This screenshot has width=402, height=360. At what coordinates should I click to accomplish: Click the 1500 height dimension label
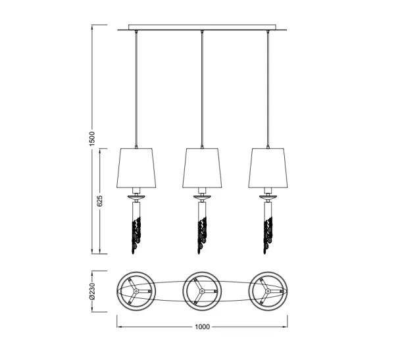click(92, 138)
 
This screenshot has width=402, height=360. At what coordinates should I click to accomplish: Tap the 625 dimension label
click(100, 201)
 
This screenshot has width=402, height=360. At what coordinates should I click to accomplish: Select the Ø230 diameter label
click(92, 291)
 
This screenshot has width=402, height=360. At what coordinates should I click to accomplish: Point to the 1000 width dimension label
click(202, 326)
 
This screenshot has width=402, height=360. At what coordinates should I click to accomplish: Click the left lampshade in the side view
click(136, 168)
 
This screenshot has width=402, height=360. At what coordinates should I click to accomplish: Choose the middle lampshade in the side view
click(202, 168)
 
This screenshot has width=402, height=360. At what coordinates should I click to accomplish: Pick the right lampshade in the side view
click(268, 168)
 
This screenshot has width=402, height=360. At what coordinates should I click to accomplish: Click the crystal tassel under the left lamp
click(136, 235)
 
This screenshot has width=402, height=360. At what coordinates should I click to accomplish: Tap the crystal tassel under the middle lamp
click(202, 235)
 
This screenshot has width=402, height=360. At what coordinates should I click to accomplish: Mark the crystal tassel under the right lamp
click(268, 235)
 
